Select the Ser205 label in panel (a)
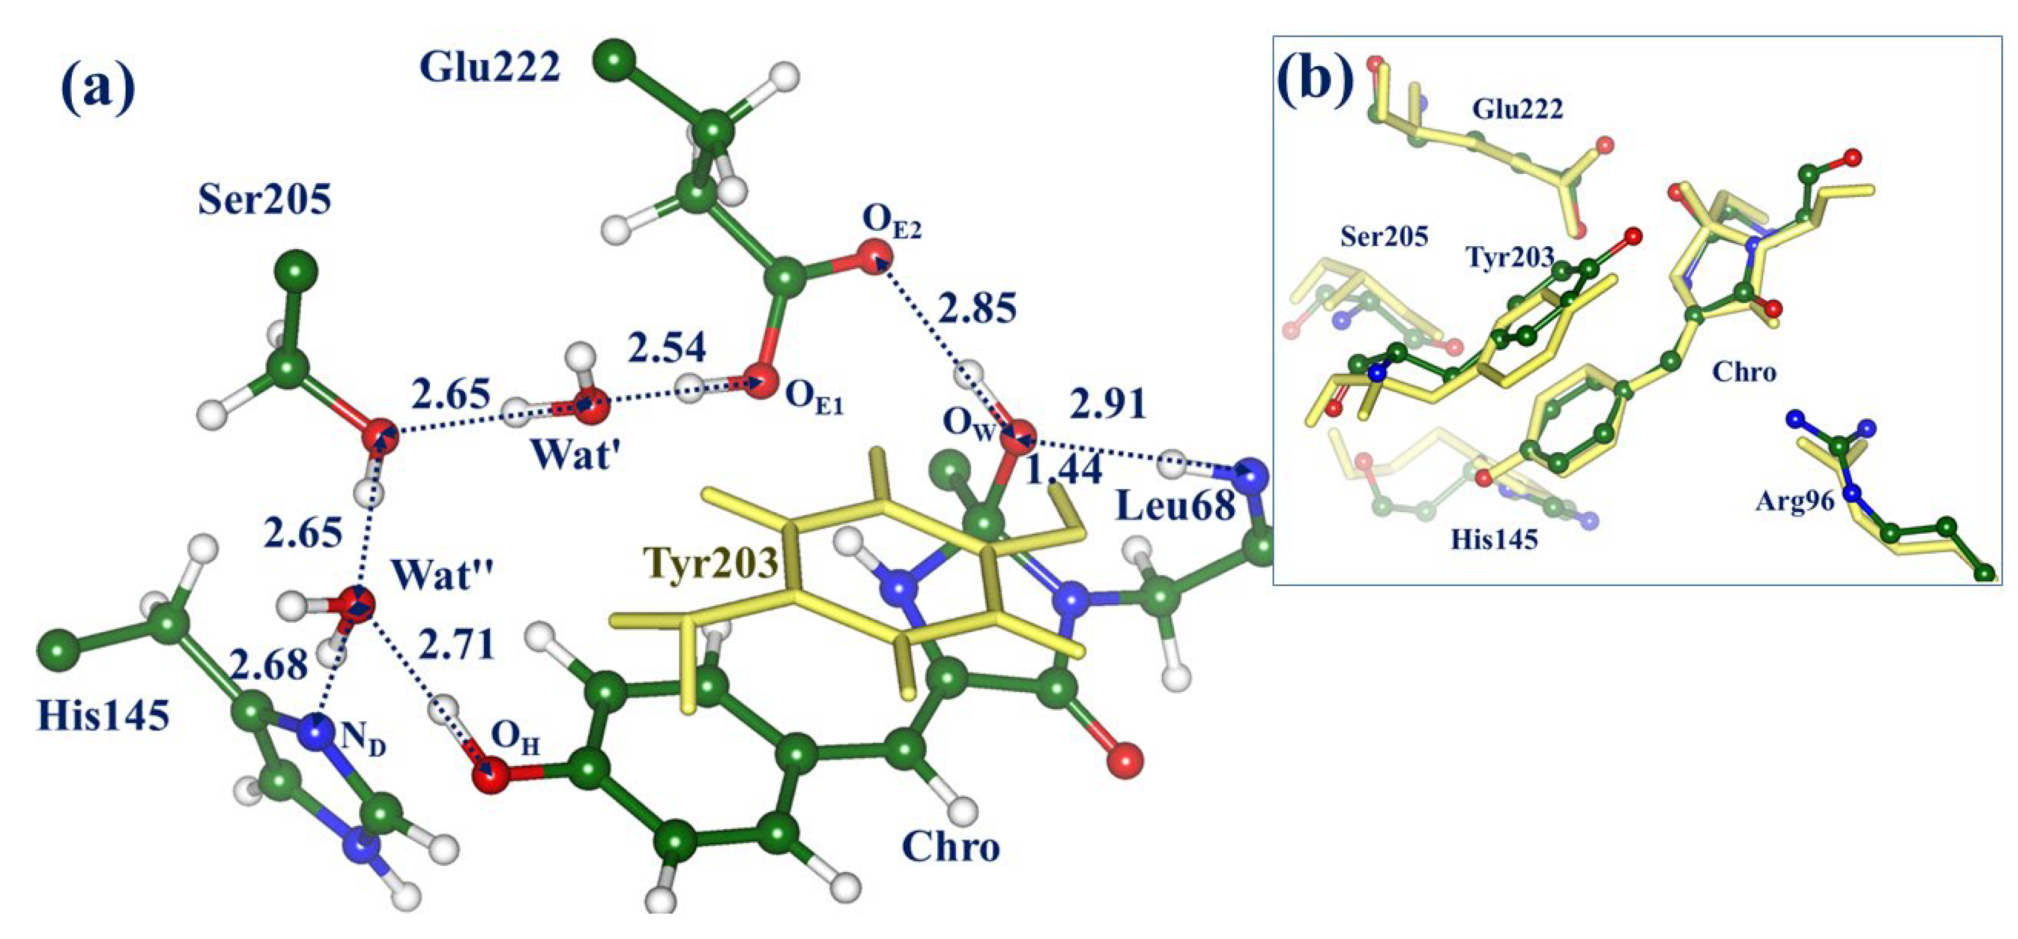pyautogui.click(x=264, y=200)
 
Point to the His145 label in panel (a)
pyautogui.click(x=103, y=715)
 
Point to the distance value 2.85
pyautogui.click(x=977, y=308)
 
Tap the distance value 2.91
pyautogui.click(x=1107, y=404)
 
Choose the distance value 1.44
pyautogui.click(x=1063, y=470)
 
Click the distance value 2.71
pyautogui.click(x=457, y=645)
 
